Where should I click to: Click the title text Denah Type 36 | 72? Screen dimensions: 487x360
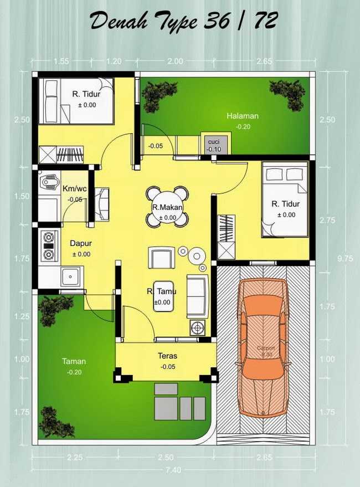179,22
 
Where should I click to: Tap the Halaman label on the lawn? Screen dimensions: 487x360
243,116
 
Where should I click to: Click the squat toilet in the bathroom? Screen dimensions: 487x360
49,182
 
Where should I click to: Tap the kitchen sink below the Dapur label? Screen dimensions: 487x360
71,277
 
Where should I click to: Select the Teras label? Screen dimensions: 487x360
167,356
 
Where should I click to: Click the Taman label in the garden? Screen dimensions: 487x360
74,361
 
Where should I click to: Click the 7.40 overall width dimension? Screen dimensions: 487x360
177,470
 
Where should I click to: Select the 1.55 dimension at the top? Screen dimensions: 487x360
62,62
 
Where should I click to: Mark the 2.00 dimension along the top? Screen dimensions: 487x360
175,62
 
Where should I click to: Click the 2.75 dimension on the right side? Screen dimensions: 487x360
327,220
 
